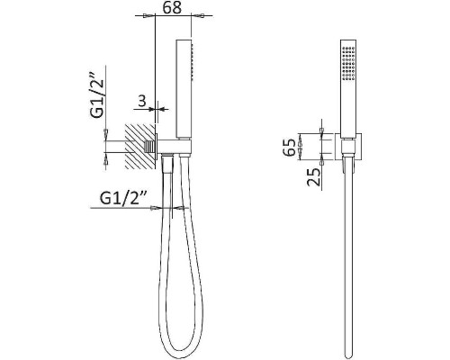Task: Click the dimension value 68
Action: pos(172,8)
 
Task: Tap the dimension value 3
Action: pos(142,101)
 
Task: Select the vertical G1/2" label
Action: pos(98,95)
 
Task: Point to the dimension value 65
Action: pos(290,148)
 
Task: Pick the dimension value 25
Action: pos(313,177)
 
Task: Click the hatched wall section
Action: pos(140,146)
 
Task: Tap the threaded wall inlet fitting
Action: pos(148,147)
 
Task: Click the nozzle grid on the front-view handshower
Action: pos(348,63)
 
